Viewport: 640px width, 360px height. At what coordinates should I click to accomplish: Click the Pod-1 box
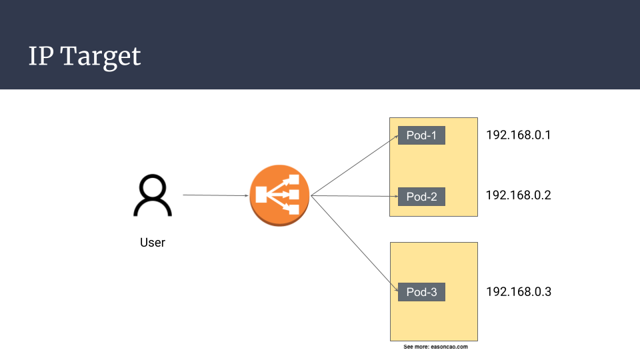421,135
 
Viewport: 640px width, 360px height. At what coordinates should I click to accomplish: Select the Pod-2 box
421,197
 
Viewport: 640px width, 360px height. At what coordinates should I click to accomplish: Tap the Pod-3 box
421,292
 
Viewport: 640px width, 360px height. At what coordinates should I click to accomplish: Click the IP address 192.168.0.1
518,135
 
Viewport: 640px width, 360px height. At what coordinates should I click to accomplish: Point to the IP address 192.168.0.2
518,195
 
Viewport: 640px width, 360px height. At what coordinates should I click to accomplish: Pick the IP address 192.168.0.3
518,292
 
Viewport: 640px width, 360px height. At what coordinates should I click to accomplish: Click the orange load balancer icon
279,195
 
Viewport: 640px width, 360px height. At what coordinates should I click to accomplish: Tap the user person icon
153,196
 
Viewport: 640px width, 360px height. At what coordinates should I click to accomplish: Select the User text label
153,243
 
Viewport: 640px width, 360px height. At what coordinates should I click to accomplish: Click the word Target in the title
101,57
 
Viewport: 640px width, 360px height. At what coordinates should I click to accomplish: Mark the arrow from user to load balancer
215,195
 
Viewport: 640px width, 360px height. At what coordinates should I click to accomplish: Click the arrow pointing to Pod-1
353,166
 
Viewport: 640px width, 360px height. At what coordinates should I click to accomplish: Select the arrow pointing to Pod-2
353,196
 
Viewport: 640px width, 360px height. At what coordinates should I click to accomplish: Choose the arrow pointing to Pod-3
353,243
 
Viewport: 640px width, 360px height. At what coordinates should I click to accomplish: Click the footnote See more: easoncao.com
436,347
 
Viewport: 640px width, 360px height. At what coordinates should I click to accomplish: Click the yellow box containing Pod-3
433,320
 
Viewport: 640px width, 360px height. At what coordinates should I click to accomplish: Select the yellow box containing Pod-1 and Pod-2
460,167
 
